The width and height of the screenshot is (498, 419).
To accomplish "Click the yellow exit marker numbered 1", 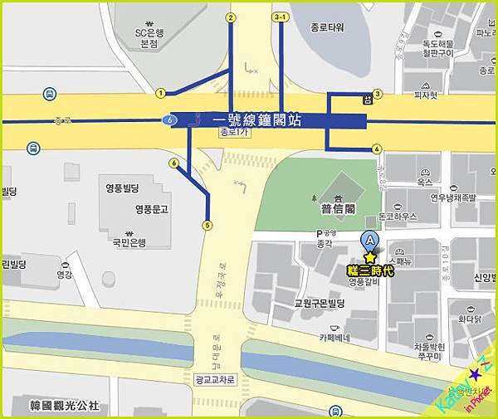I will pyautogui.click(x=160, y=93).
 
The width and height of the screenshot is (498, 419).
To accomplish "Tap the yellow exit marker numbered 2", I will pyautogui.click(x=231, y=17).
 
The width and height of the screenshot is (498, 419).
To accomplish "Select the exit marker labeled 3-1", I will pyautogui.click(x=281, y=17).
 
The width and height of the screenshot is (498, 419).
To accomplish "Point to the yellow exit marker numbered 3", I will pyautogui.click(x=378, y=94).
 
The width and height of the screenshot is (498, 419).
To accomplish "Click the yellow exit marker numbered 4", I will pyautogui.click(x=377, y=149).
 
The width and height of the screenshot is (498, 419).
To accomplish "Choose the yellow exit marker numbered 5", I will pyautogui.click(x=207, y=224).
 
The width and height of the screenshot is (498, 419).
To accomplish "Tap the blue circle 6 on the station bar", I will pyautogui.click(x=171, y=120).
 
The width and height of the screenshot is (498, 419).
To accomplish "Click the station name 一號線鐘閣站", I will pyautogui.click(x=261, y=120).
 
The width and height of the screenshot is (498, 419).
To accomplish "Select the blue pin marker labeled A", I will pyautogui.click(x=369, y=241).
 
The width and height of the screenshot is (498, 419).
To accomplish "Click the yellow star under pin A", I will pyautogui.click(x=369, y=258).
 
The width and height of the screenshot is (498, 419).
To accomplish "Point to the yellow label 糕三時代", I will pyautogui.click(x=369, y=270).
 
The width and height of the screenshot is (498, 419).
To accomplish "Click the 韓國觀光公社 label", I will pyautogui.click(x=64, y=405).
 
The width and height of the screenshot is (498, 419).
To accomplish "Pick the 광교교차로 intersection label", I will pyautogui.click(x=214, y=378).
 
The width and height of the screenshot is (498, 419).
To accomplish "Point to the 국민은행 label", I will pyautogui.click(x=129, y=242).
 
